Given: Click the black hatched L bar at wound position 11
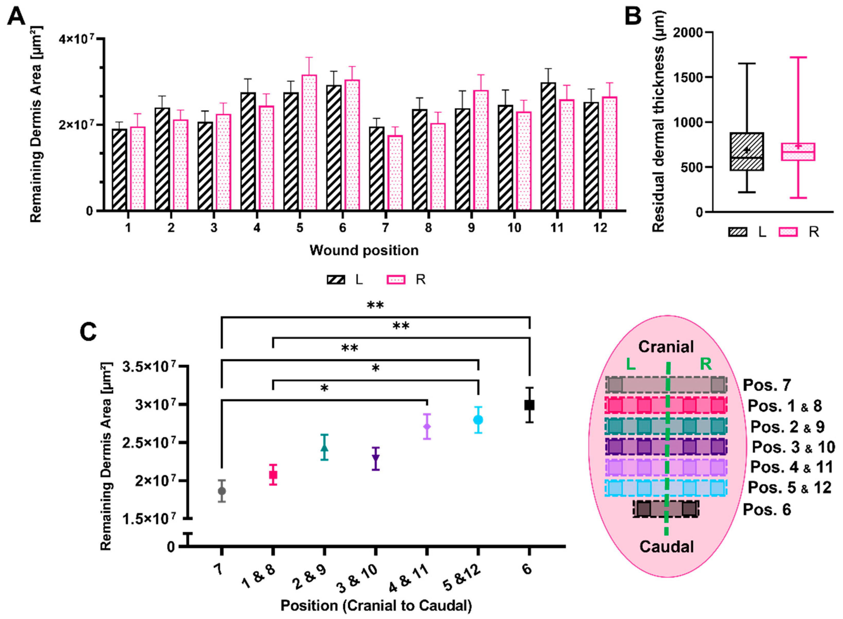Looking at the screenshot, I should [x=548, y=146].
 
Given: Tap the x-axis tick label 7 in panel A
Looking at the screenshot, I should [x=385, y=227].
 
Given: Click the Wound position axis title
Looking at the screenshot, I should [x=364, y=250].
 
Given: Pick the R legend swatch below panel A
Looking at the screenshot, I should [x=396, y=280].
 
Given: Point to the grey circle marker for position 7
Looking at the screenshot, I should [x=222, y=491].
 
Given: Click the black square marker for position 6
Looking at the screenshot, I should [x=529, y=405].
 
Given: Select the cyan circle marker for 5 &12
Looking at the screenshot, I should [x=478, y=420].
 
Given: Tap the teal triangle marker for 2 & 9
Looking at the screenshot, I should [x=324, y=448].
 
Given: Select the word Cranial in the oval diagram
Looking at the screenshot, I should [x=666, y=347].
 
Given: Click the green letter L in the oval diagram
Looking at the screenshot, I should [x=631, y=364].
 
